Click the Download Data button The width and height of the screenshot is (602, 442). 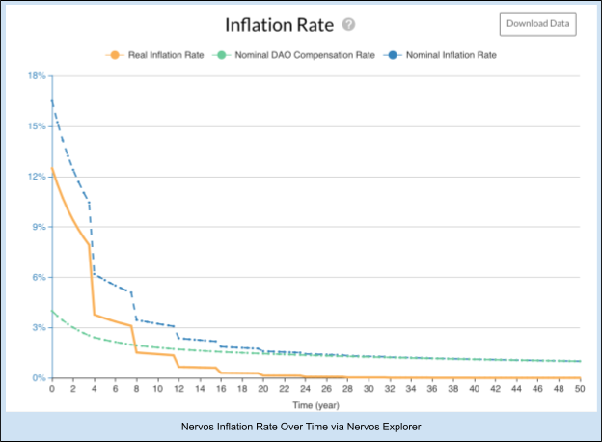click(537, 24)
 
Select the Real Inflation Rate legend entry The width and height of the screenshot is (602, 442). click(157, 55)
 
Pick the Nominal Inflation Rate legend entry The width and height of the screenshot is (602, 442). click(445, 55)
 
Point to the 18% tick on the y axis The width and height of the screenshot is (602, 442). click(37, 76)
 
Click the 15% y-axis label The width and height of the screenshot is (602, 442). click(37, 126)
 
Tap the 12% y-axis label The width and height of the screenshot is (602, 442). click(37, 177)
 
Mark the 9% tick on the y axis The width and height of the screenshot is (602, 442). click(39, 227)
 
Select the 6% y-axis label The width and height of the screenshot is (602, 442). click(39, 277)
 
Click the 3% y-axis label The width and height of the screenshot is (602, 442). click(39, 327)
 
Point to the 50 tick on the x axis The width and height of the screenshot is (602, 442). click(580, 389)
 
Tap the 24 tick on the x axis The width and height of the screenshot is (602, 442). click(304, 389)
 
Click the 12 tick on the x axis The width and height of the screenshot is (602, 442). click(178, 389)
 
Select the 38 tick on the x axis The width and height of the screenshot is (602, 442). click(452, 389)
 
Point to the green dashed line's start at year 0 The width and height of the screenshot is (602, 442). click(51, 311)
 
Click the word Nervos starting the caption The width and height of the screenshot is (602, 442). click(200, 426)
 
